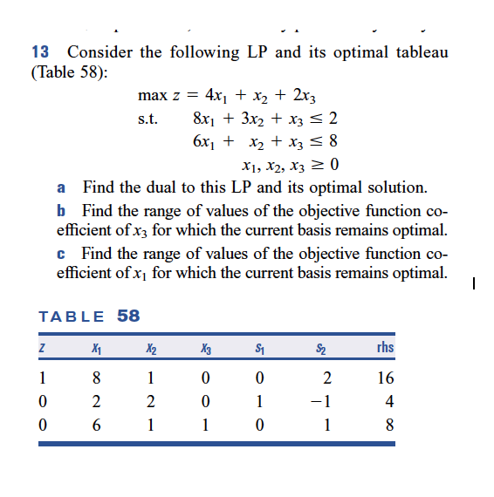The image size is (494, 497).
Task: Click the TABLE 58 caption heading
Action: pyautogui.click(x=90, y=316)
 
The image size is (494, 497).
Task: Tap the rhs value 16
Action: pyautogui.click(x=386, y=378)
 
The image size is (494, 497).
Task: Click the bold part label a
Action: pyautogui.click(x=61, y=187)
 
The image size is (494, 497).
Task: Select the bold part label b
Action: pyautogui.click(x=61, y=211)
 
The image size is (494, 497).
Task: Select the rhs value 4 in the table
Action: pyautogui.click(x=389, y=402)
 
